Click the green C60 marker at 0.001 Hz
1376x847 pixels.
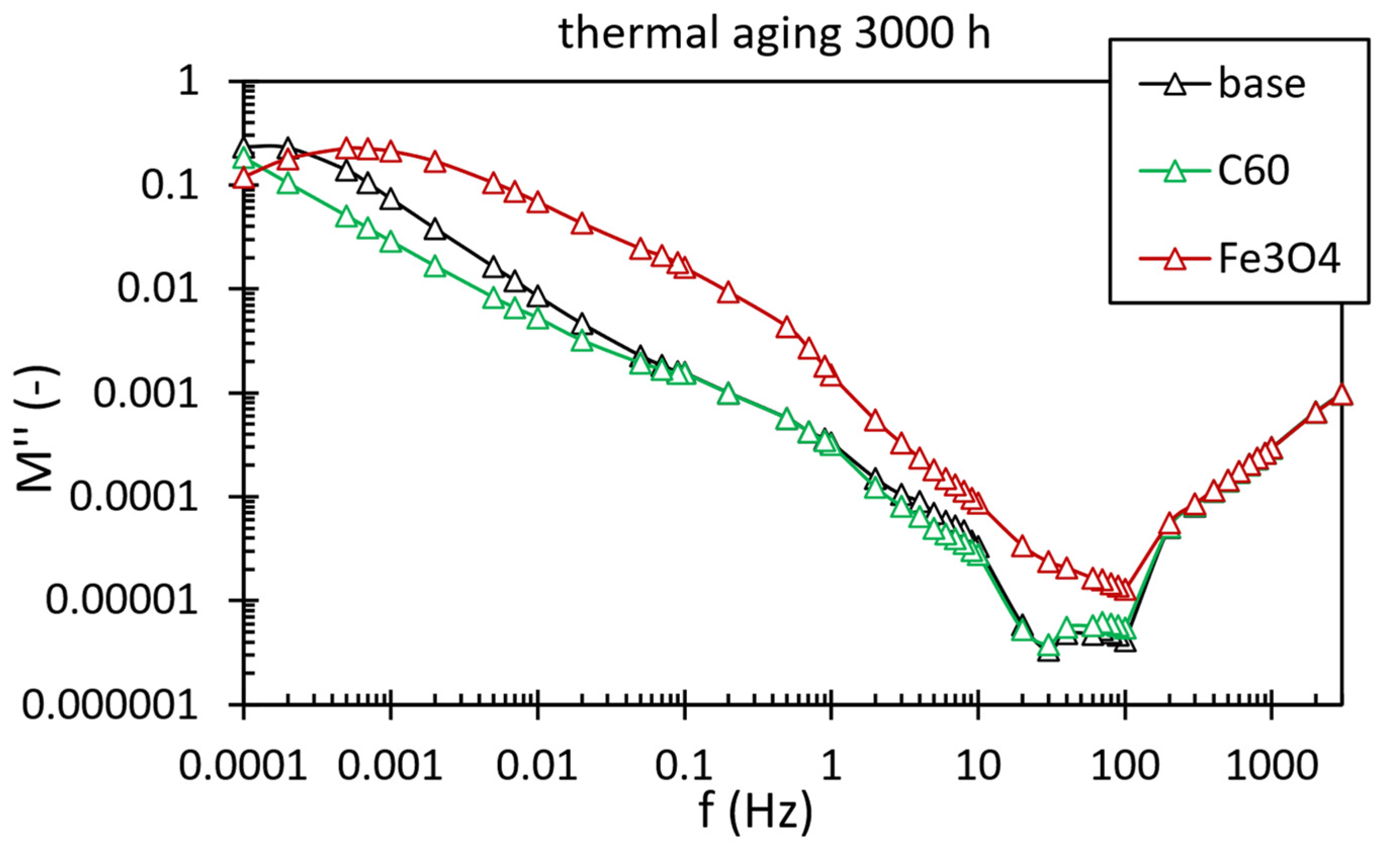pyautogui.click(x=390, y=244)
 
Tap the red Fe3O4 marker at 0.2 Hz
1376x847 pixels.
pyautogui.click(x=728, y=293)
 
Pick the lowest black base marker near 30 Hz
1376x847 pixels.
pyautogui.click(x=1048, y=653)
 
